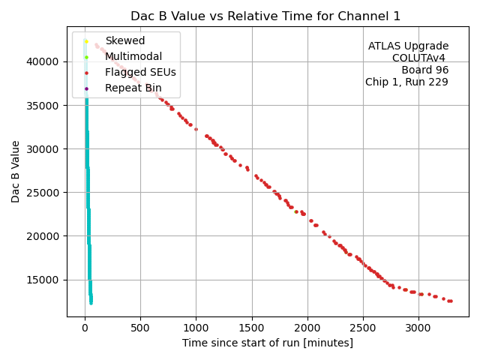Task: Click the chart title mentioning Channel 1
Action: [265, 16]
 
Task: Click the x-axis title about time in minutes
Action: [267, 343]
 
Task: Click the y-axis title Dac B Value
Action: [16, 170]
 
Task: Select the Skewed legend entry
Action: [124, 40]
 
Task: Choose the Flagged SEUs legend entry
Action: [140, 73]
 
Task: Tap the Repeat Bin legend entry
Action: [133, 88]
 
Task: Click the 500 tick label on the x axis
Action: [140, 327]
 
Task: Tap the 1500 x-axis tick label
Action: [252, 327]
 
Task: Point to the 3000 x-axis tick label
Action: [418, 327]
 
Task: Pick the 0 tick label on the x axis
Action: [85, 327]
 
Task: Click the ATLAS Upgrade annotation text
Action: [408, 46]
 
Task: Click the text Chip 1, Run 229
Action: [406, 82]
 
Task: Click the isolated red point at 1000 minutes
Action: [196, 129]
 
